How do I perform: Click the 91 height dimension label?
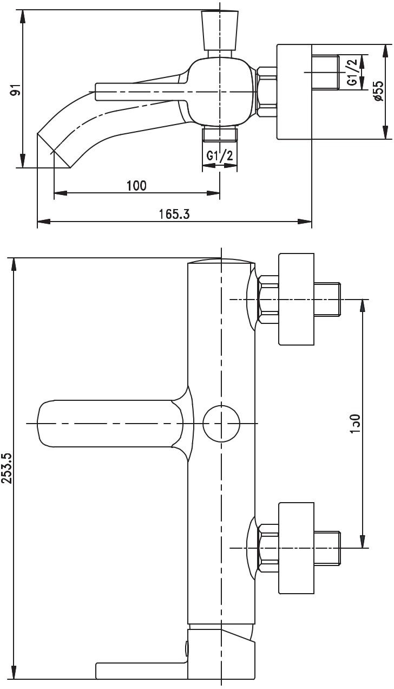(x=17, y=89)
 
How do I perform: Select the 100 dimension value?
(x=136, y=186)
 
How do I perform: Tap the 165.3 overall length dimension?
(x=174, y=214)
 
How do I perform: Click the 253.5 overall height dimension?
(x=7, y=469)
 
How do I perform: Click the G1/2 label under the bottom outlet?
(x=220, y=156)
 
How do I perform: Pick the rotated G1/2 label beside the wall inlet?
(x=352, y=72)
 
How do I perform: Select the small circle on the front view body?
(x=221, y=423)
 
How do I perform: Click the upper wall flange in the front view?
(x=296, y=299)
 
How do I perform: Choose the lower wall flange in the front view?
(x=296, y=548)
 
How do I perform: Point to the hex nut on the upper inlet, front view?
(x=268, y=300)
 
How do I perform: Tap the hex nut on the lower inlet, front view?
(x=268, y=548)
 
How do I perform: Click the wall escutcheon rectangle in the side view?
(x=294, y=92)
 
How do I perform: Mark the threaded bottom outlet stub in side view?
(x=220, y=134)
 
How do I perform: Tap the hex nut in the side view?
(x=266, y=92)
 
